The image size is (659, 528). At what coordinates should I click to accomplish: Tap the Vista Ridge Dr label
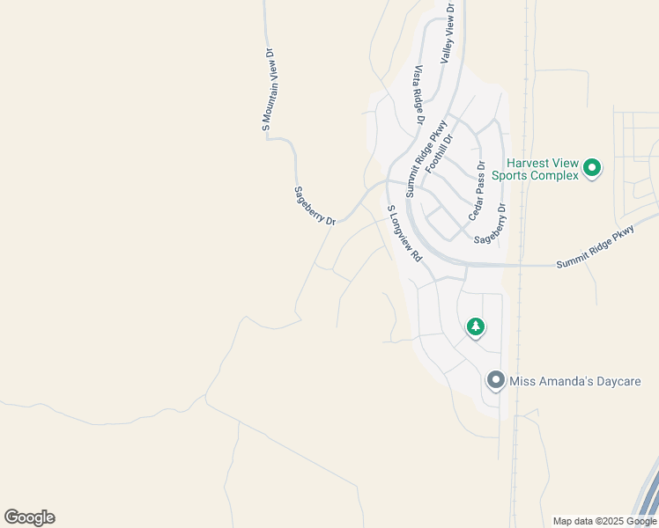tap(418, 94)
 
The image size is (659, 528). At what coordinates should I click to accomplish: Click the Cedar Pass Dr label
tap(477, 190)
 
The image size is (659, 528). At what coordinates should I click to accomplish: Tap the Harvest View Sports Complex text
tap(542, 169)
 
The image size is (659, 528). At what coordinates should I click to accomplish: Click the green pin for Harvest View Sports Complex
tap(593, 167)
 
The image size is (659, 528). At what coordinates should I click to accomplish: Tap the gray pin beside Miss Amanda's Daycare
tap(496, 380)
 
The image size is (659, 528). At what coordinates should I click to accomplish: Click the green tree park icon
tap(476, 327)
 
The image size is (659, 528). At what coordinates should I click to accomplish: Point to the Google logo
tap(29, 517)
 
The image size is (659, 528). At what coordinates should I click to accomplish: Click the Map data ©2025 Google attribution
tap(605, 521)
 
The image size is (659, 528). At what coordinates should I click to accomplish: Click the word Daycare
tap(614, 381)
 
